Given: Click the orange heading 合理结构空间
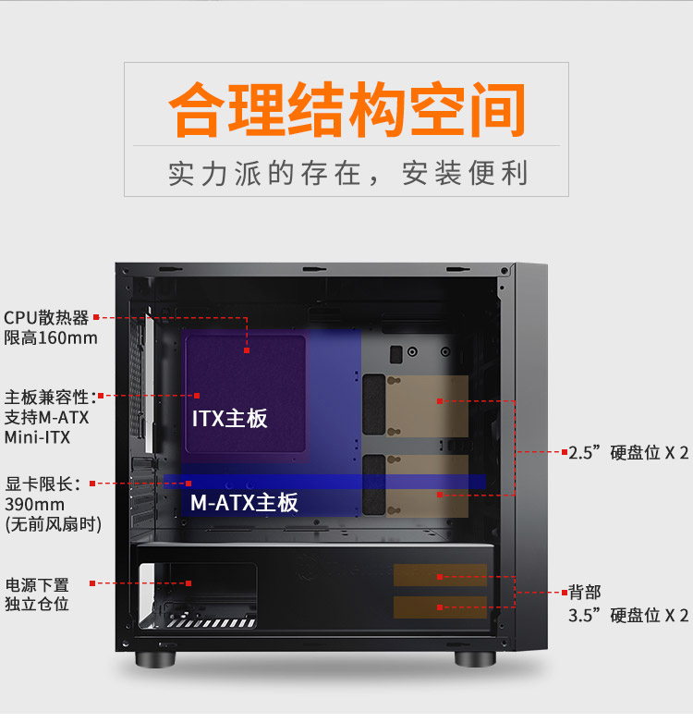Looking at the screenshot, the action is [346, 110].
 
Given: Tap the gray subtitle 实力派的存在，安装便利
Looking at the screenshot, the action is [347, 174].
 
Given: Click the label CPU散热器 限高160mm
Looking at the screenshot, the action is [50, 328].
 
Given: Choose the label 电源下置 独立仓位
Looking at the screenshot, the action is [37, 594].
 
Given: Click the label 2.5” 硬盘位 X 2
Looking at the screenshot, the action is [628, 453].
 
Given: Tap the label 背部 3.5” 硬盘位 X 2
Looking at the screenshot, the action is [628, 604].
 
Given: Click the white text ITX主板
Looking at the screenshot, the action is [229, 419].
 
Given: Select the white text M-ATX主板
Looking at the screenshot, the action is [244, 502].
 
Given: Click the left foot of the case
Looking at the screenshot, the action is [155, 658].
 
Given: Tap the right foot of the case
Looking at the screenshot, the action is [475, 658].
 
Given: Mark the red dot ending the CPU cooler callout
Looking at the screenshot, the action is [247, 350].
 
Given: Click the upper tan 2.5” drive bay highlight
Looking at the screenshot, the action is [427, 406].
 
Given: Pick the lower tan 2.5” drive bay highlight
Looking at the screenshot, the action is [427, 486].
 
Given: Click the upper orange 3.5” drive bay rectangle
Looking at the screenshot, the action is [440, 575].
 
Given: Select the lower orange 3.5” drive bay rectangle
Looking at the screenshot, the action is [440, 607].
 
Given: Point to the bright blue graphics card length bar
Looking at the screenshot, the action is [325, 482].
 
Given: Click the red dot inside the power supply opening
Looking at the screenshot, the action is [188, 583].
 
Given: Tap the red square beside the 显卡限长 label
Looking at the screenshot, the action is [92, 484].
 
